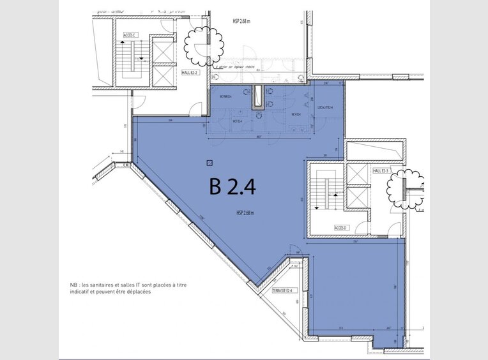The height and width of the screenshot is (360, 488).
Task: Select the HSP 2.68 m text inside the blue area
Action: pyautogui.click(x=245, y=213)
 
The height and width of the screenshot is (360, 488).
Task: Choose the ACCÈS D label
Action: pyautogui.click(x=340, y=228)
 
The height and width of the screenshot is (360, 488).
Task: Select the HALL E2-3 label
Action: pyautogui.click(x=381, y=170)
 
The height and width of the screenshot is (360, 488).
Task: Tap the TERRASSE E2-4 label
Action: pyautogui.click(x=282, y=290)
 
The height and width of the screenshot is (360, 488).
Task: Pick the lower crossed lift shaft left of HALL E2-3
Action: pyautogui.click(x=358, y=197)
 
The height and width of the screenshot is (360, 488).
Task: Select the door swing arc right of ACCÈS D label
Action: pyautogui.click(x=362, y=227)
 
